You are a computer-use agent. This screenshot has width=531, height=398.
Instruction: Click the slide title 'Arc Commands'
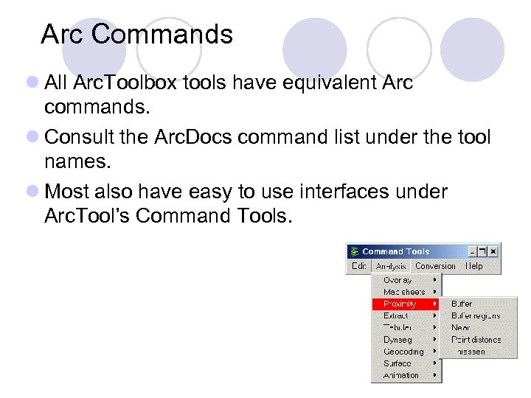(x=136, y=35)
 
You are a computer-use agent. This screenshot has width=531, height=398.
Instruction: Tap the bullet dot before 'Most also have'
(x=33, y=192)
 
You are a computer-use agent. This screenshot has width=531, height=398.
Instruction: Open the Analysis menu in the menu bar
(x=391, y=266)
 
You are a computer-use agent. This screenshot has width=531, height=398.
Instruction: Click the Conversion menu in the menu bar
(x=435, y=266)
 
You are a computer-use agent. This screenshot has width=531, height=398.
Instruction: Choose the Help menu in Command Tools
(x=475, y=266)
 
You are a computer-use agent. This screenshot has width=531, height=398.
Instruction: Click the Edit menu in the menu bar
(x=358, y=266)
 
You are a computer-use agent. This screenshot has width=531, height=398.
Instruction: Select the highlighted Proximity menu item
(x=400, y=304)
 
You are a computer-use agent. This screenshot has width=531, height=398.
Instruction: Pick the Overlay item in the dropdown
(x=398, y=280)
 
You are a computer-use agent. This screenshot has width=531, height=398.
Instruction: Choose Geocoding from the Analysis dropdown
(x=403, y=352)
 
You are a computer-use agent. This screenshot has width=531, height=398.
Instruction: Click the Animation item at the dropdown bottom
(x=402, y=375)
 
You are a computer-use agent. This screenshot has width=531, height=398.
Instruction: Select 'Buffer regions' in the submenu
(x=476, y=315)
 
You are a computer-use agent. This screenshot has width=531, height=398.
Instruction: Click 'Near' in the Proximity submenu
(x=460, y=327)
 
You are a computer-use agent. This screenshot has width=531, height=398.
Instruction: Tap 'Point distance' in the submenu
(x=476, y=340)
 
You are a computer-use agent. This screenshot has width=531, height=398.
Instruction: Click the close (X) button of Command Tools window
(x=493, y=251)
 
